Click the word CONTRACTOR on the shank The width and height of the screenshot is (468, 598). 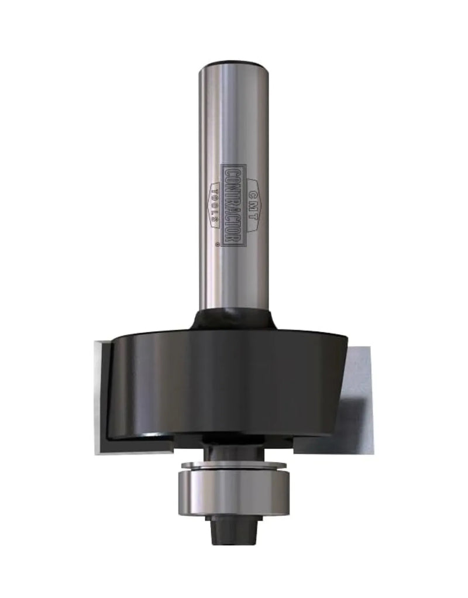pyautogui.click(x=232, y=206)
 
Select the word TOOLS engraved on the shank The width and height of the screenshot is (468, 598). pyautogui.click(x=215, y=206)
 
